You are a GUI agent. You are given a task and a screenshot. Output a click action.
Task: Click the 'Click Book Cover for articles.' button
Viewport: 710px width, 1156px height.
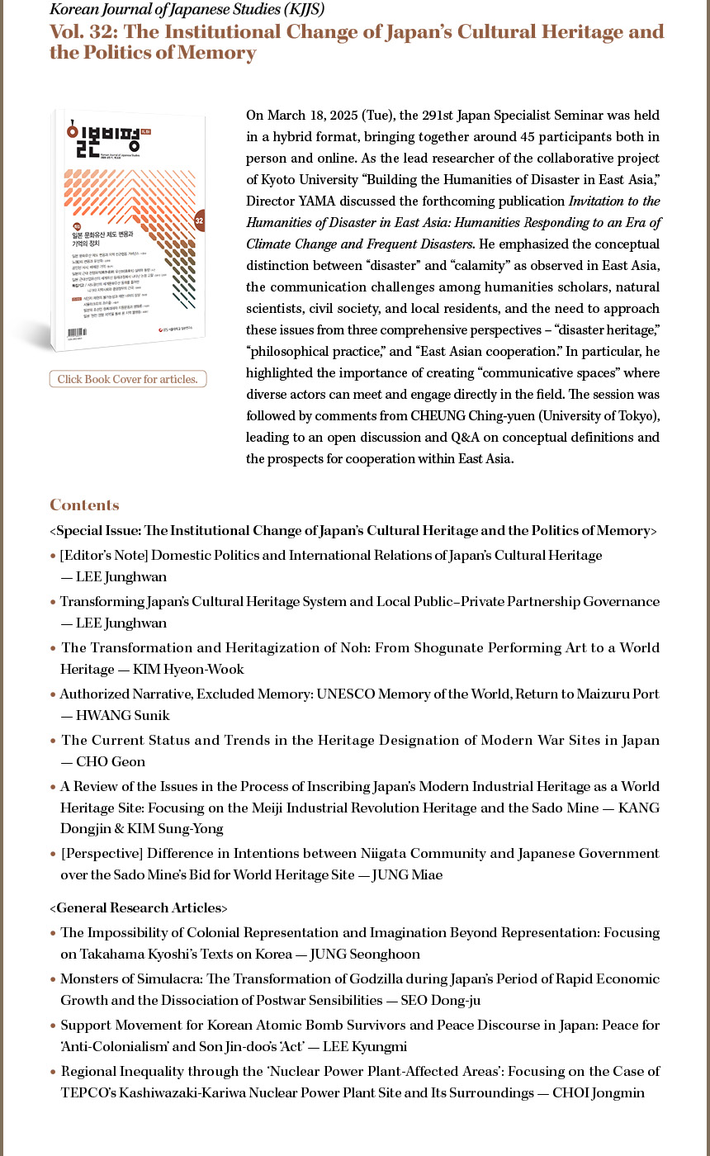tap(128, 379)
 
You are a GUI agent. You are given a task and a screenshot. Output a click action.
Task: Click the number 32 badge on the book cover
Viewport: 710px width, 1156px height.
tap(199, 220)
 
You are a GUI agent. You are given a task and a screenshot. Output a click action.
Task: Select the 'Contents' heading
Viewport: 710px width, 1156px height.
tap(84, 505)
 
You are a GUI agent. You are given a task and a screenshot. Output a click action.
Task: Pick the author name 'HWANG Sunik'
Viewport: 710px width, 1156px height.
tap(122, 716)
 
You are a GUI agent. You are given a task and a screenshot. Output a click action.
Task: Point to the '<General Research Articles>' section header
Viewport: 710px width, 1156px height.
tap(138, 908)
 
